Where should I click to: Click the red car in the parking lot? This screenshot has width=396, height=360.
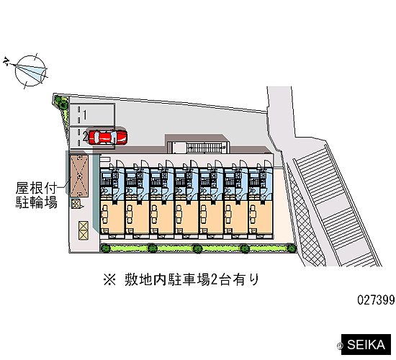coord(108,138)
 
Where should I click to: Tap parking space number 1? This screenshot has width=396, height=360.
coord(85,114)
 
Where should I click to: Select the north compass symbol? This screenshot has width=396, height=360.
coord(30,71)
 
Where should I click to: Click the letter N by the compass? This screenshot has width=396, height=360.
coord(6,61)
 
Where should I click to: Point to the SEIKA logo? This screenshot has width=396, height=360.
coord(366,345)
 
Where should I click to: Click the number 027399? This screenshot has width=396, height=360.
coord(376,300)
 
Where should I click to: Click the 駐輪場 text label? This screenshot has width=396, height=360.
coord(37,202)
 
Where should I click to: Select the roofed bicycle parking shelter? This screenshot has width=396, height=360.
coord(79,176)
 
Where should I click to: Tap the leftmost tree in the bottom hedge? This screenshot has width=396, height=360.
coord(106,248)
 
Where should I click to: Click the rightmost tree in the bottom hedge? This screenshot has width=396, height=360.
coord(292,248)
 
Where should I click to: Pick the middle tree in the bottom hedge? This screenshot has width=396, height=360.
coord(197,248)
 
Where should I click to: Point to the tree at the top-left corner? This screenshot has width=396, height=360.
coord(61,102)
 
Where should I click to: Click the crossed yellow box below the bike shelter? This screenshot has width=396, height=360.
coord(84,230)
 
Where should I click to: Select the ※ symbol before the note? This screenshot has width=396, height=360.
coord(109,280)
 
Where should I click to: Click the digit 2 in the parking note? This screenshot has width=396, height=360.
coord(214,280)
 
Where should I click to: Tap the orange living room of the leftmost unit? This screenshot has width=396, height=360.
coord(112,216)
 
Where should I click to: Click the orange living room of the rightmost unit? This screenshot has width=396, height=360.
coord(261,216)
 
